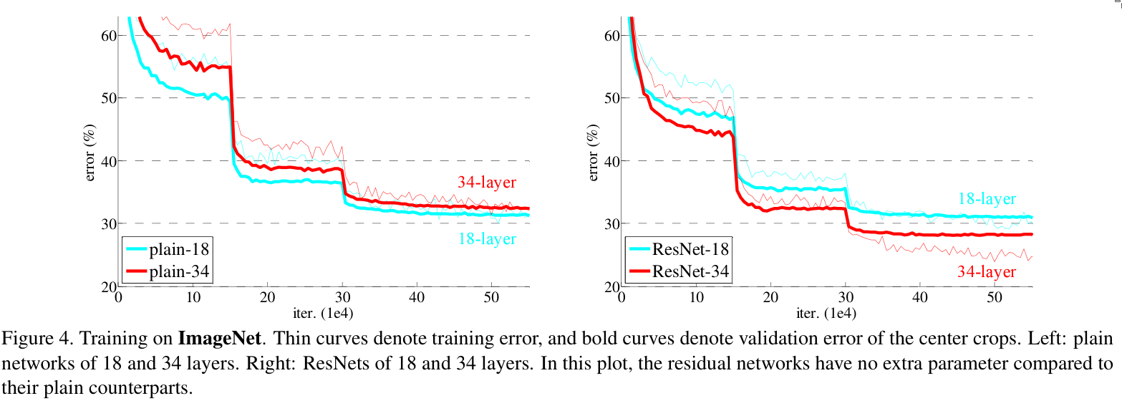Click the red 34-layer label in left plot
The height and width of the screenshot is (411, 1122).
(487, 183)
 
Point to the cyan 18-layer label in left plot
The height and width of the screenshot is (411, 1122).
(487, 239)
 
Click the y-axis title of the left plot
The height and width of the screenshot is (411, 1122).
(91, 152)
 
